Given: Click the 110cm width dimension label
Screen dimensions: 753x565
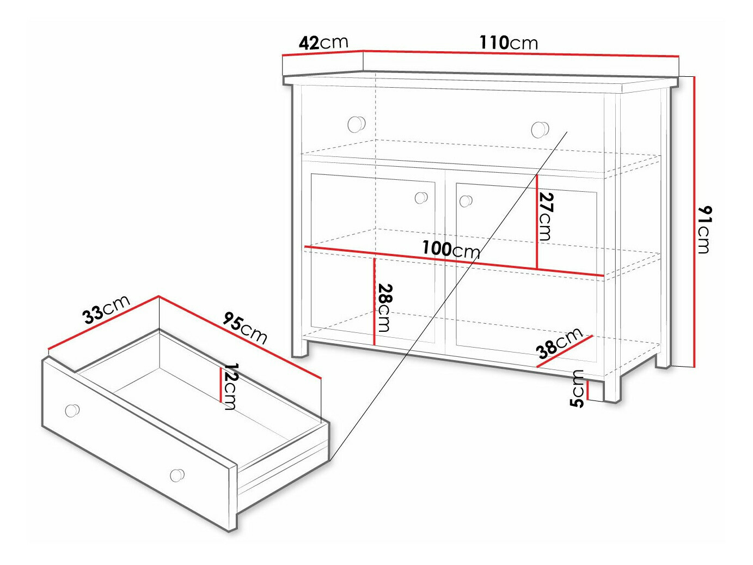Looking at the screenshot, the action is [509, 43].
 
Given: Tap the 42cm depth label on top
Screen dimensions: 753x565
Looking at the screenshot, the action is [323, 42].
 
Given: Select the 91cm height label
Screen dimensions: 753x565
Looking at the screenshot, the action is [705, 229].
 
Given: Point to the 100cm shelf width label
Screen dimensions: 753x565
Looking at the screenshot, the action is [451, 250].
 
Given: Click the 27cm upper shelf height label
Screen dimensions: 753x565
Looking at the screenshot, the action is [546, 216].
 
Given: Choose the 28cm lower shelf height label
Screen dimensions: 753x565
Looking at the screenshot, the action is [384, 307].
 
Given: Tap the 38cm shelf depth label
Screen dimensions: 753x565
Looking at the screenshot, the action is [560, 344].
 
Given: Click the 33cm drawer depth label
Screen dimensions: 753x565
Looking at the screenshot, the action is [107, 309].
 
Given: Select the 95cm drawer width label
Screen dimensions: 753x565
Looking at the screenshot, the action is [245, 328].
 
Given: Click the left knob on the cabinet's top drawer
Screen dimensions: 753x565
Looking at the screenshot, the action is [357, 124].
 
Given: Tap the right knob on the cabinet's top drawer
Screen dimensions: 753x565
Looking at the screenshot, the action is [540, 130].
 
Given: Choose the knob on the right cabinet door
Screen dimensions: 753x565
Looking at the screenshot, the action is [466, 201].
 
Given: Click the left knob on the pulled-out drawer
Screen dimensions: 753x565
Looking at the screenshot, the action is [72, 410].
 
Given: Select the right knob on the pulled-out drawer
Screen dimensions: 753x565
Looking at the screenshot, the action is [177, 475].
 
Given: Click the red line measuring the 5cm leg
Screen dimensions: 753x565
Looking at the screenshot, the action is [587, 390].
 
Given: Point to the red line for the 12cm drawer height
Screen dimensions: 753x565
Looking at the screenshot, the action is [221, 385].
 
